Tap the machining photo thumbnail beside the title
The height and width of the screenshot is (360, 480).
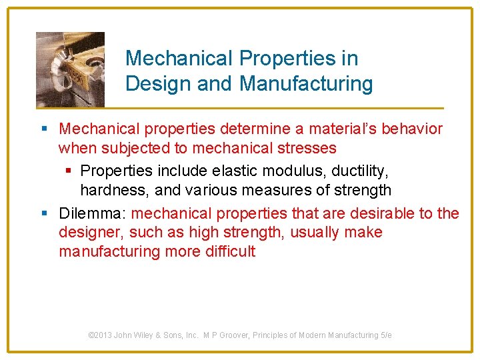pyautogui.click(x=70, y=69)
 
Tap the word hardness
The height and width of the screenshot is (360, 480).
pyautogui.click(x=114, y=191)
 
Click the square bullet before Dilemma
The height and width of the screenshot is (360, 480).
pyautogui.click(x=44, y=214)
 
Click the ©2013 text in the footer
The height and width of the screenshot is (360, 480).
pyautogui.click(x=100, y=335)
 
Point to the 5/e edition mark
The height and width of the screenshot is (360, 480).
pyautogui.click(x=385, y=335)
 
